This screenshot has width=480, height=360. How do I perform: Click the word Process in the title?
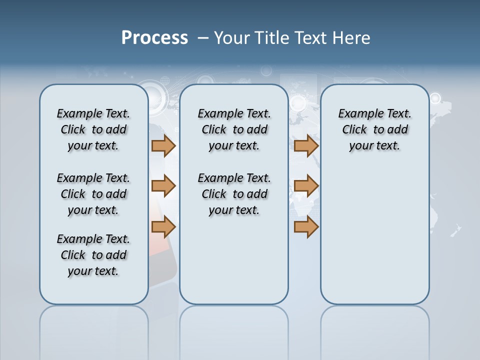pyautogui.click(x=154, y=38)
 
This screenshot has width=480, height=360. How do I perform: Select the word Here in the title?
pyautogui.click(x=352, y=38)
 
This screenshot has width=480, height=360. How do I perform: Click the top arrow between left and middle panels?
pyautogui.click(x=163, y=145)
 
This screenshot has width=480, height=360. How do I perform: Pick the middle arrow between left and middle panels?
pyautogui.click(x=163, y=186)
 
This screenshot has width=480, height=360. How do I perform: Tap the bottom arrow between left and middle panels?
pyautogui.click(x=163, y=227)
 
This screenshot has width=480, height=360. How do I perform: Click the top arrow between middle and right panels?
pyautogui.click(x=306, y=145)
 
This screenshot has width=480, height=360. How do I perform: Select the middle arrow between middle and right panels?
pyautogui.click(x=306, y=186)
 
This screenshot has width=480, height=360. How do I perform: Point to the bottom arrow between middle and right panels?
pyautogui.click(x=306, y=227)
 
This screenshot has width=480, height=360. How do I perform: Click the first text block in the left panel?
pyautogui.click(x=93, y=129)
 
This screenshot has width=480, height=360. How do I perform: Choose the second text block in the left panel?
pyautogui.click(x=93, y=194)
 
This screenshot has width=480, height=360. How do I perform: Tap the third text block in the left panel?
pyautogui.click(x=93, y=255)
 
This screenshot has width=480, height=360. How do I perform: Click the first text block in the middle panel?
pyautogui.click(x=234, y=129)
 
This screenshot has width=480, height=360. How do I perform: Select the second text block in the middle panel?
pyautogui.click(x=234, y=194)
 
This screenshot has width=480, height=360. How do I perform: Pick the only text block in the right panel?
pyautogui.click(x=374, y=129)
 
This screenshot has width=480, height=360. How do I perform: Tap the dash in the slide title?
pyautogui.click(x=203, y=38)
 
